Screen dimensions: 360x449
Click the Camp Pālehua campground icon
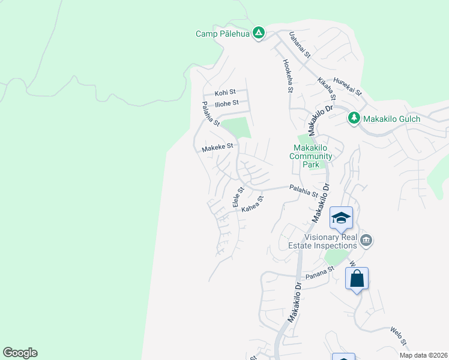pyautogui.click(x=259, y=33)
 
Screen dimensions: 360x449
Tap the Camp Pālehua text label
pyautogui.click(x=222, y=34)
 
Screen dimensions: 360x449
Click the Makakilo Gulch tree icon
pyautogui.click(x=354, y=118)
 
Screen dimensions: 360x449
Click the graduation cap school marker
pyautogui.click(x=341, y=218)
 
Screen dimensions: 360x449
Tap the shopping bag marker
pyautogui.click(x=357, y=279)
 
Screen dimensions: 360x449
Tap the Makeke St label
pyautogui.click(x=217, y=147)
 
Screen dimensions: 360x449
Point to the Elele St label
pyautogui.click(x=238, y=197)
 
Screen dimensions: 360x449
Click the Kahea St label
pyautogui.click(x=252, y=204)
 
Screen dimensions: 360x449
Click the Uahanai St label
pyautogui.click(x=298, y=45)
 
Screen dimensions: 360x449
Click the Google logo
pyautogui.click(x=20, y=353)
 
